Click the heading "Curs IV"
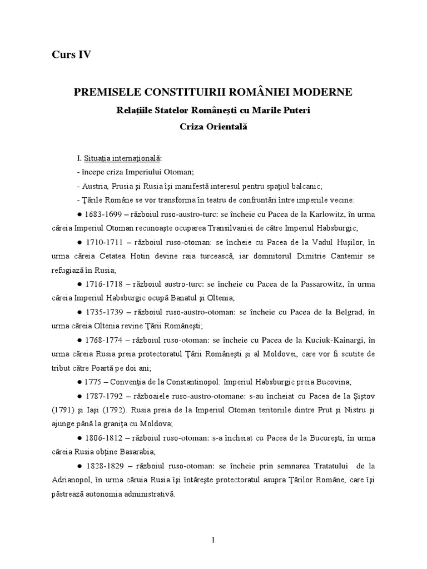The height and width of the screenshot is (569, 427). pyautogui.click(x=71, y=54)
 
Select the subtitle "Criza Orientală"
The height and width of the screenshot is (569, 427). pyautogui.click(x=213, y=126)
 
